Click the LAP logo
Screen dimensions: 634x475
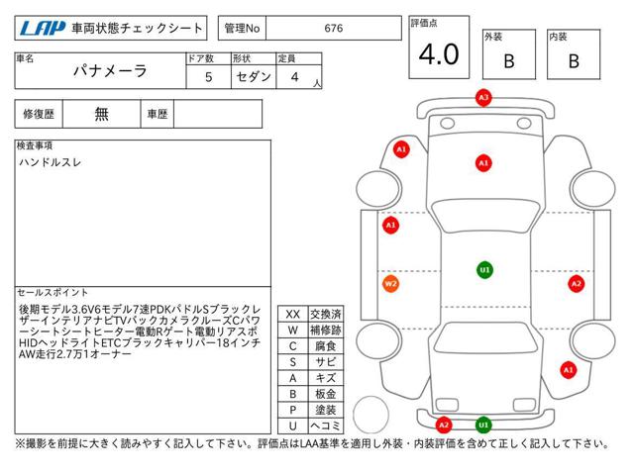[43, 29]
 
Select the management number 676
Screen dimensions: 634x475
[334, 29]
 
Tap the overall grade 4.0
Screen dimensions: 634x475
[439, 54]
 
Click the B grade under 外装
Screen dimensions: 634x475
[509, 61]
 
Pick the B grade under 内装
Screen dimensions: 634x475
[574, 61]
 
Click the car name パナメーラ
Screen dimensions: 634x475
[110, 71]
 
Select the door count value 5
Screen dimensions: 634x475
[209, 77]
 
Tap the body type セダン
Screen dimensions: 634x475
[254, 77]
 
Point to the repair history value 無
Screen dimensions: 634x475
[101, 114]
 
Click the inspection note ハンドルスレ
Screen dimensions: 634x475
[51, 162]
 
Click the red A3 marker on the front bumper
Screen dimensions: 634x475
[483, 98]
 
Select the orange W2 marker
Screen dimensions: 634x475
[390, 284]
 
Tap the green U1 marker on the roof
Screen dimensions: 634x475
[484, 270]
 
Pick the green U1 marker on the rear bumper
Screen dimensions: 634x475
[483, 425]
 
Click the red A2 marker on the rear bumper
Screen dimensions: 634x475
[444, 425]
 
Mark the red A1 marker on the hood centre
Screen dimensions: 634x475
[483, 163]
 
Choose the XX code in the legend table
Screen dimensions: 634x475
[293, 315]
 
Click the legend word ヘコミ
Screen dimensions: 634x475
[326, 426]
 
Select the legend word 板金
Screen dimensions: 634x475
[326, 394]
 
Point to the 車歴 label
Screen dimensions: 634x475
[158, 114]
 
